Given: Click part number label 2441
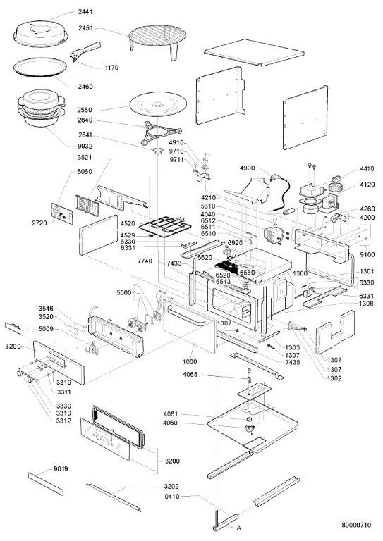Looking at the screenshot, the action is pos(85,12).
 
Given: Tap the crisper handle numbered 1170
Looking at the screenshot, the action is pos(85,51).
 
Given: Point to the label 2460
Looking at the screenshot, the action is pos(85,87).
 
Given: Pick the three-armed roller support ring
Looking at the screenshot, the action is pos(161,133).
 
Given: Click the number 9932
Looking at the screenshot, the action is pos(85,147).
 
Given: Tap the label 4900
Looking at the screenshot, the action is pos(248,168).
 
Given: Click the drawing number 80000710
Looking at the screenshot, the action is pos(356,525).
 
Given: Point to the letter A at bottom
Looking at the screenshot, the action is pos(239,528).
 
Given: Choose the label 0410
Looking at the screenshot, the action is pos(172,497).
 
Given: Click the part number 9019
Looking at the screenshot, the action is pos(61,469).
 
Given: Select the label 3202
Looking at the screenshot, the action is pos(171,487).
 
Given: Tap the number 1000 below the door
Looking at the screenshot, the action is pos(190,362).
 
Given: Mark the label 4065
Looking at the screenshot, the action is pos(190,375).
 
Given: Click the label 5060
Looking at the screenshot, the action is pos(85,172).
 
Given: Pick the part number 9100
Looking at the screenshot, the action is pos(367,255).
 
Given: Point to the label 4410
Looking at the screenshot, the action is pos(367,169).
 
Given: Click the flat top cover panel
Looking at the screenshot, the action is pos(254,52).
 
